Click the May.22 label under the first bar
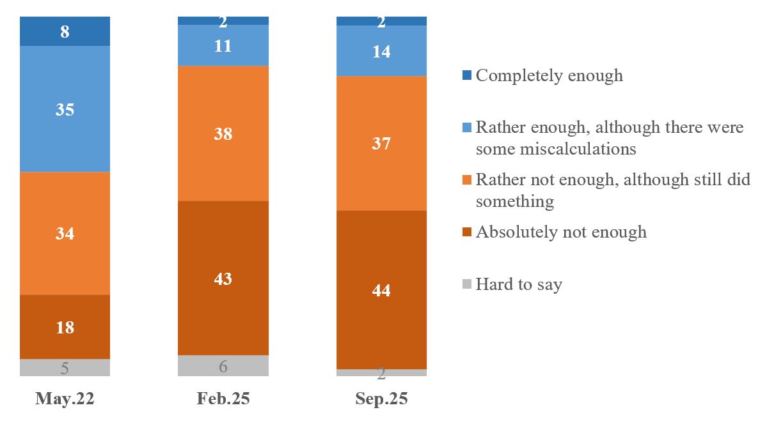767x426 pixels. point(65,399)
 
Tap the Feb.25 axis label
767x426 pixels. point(223,399)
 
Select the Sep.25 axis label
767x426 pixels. point(381,399)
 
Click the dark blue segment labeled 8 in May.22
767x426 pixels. point(65,32)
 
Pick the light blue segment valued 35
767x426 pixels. point(65,109)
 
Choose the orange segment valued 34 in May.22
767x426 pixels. point(65,233)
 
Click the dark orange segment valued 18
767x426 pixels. point(65,327)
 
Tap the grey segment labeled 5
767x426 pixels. point(65,367)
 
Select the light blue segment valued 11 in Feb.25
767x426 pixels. point(223,45)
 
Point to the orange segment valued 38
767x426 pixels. point(223,133)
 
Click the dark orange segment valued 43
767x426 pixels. point(223,278)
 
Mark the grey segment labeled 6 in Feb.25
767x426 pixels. point(223,365)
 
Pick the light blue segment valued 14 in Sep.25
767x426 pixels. point(381,51)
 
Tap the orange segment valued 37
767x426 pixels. point(381,143)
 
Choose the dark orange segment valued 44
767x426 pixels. point(381,290)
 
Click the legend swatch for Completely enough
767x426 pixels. point(466,76)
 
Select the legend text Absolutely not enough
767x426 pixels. point(561,231)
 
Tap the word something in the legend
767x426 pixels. point(514,201)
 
